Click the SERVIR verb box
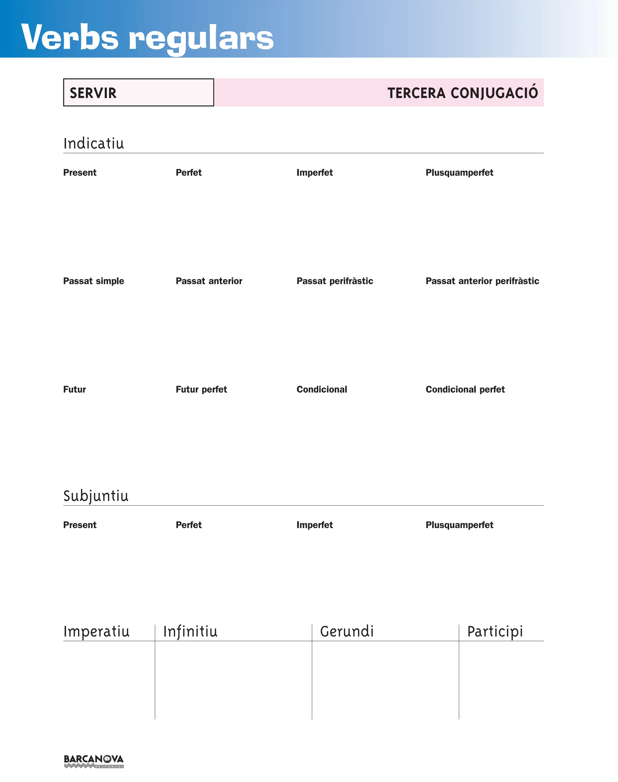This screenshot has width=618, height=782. point(138,93)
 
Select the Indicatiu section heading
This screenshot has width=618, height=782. point(94,143)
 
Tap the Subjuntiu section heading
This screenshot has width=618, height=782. point(96,496)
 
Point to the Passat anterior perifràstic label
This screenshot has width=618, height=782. point(482,281)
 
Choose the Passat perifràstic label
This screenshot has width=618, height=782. point(335,281)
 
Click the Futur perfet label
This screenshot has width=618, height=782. point(201,389)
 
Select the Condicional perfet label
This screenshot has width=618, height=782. point(465,389)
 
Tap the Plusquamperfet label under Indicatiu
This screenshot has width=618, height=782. point(459,172)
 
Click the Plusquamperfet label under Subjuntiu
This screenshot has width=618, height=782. point(459,525)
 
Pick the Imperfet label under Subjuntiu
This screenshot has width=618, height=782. point(314,525)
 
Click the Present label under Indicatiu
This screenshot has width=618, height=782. point(80,172)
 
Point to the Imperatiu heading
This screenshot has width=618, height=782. point(96,632)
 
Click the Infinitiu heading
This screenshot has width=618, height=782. point(190,632)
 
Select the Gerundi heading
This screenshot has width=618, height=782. point(347,632)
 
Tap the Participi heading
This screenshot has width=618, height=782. point(495,632)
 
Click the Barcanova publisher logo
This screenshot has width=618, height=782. point(94,761)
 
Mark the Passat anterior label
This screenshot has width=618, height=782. point(209,281)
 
